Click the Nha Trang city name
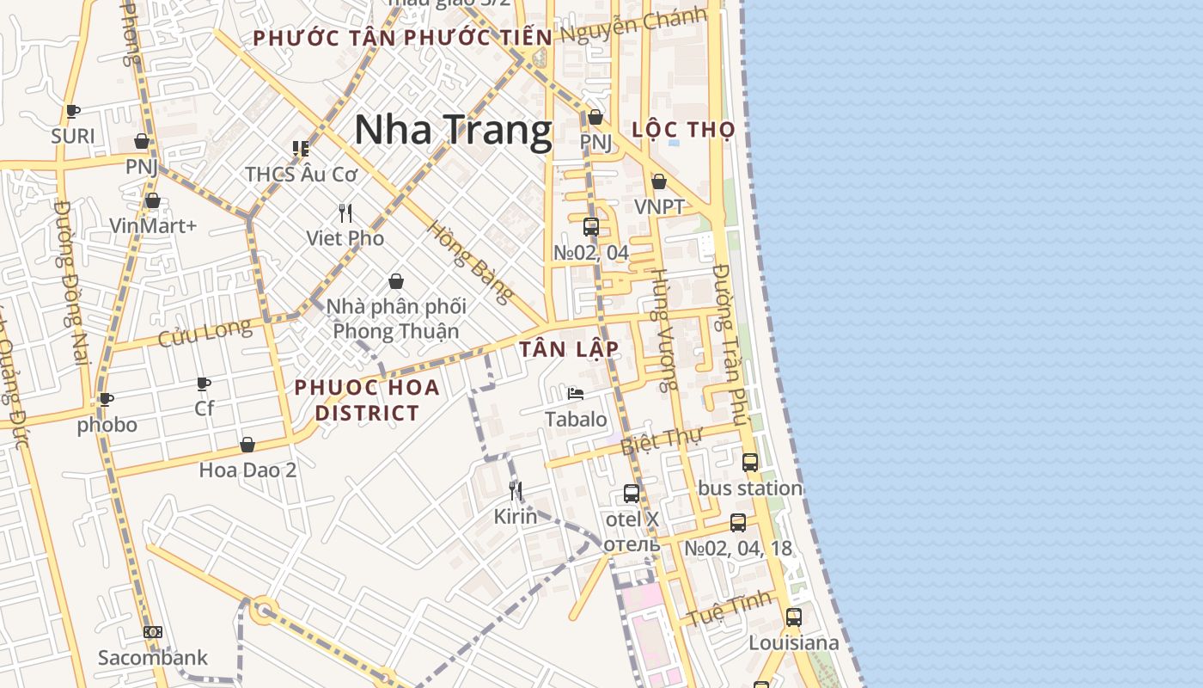click(453, 130)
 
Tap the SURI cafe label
click(73, 136)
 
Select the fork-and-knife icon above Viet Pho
click(345, 212)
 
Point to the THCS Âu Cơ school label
click(301, 174)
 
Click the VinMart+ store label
click(153, 226)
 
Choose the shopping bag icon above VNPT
click(659, 181)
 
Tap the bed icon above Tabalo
click(576, 394)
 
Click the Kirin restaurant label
click(515, 516)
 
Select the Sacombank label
click(152, 658)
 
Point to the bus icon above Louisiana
click(793, 617)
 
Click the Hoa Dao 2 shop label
click(247, 470)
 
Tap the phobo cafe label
click(107, 425)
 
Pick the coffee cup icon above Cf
click(204, 383)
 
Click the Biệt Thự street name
click(661, 441)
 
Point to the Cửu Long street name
click(205, 333)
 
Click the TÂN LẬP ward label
click(569, 349)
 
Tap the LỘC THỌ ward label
click(683, 130)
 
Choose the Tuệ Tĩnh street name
click(727, 609)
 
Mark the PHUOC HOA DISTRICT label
click(367, 400)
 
